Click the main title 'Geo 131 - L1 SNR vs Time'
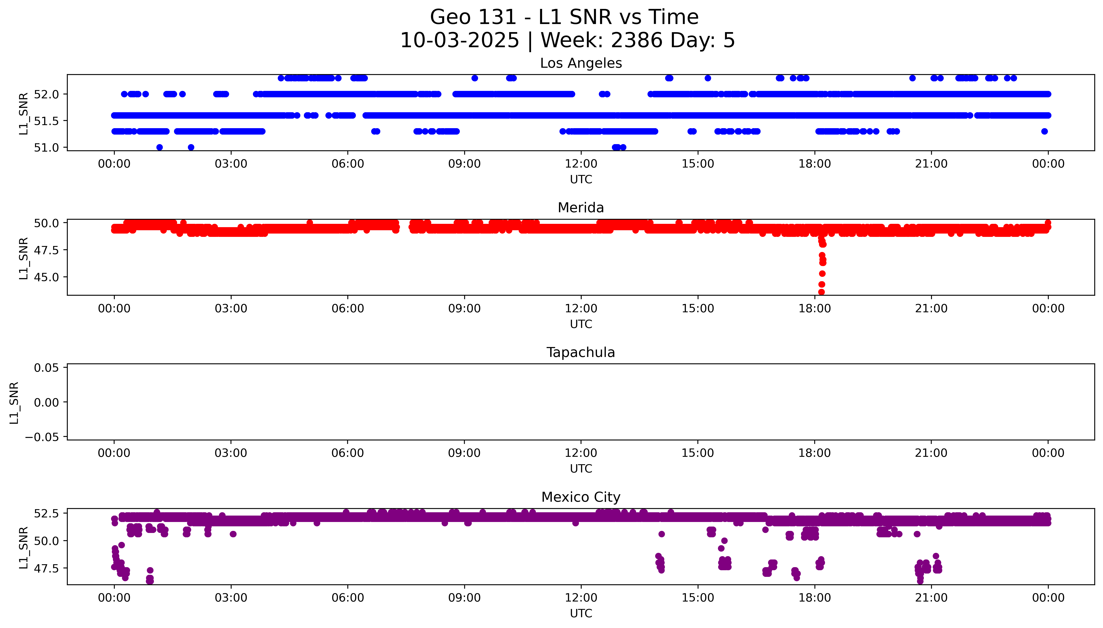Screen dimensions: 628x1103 (564, 17)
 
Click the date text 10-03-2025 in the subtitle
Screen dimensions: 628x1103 (459, 41)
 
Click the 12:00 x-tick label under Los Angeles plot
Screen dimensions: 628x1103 (581, 164)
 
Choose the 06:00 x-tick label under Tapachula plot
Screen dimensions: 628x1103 (348, 453)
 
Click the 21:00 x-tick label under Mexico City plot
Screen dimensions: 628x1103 (931, 598)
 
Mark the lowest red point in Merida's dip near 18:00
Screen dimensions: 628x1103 (821, 292)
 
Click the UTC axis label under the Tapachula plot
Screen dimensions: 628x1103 (581, 469)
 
